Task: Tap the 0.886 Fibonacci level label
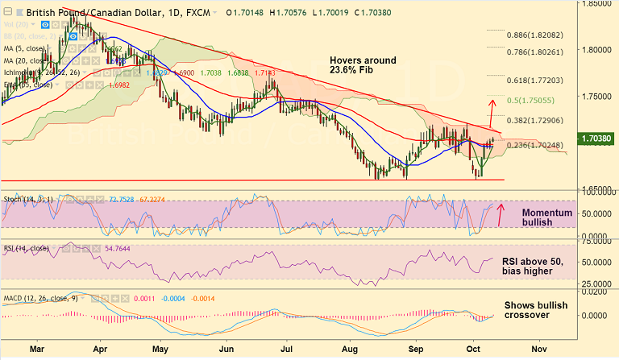click(538, 36)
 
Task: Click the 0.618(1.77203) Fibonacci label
click(538, 81)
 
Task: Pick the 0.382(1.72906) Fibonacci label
click(538, 119)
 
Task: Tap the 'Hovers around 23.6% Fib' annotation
click(363, 66)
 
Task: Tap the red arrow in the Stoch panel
click(501, 215)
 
